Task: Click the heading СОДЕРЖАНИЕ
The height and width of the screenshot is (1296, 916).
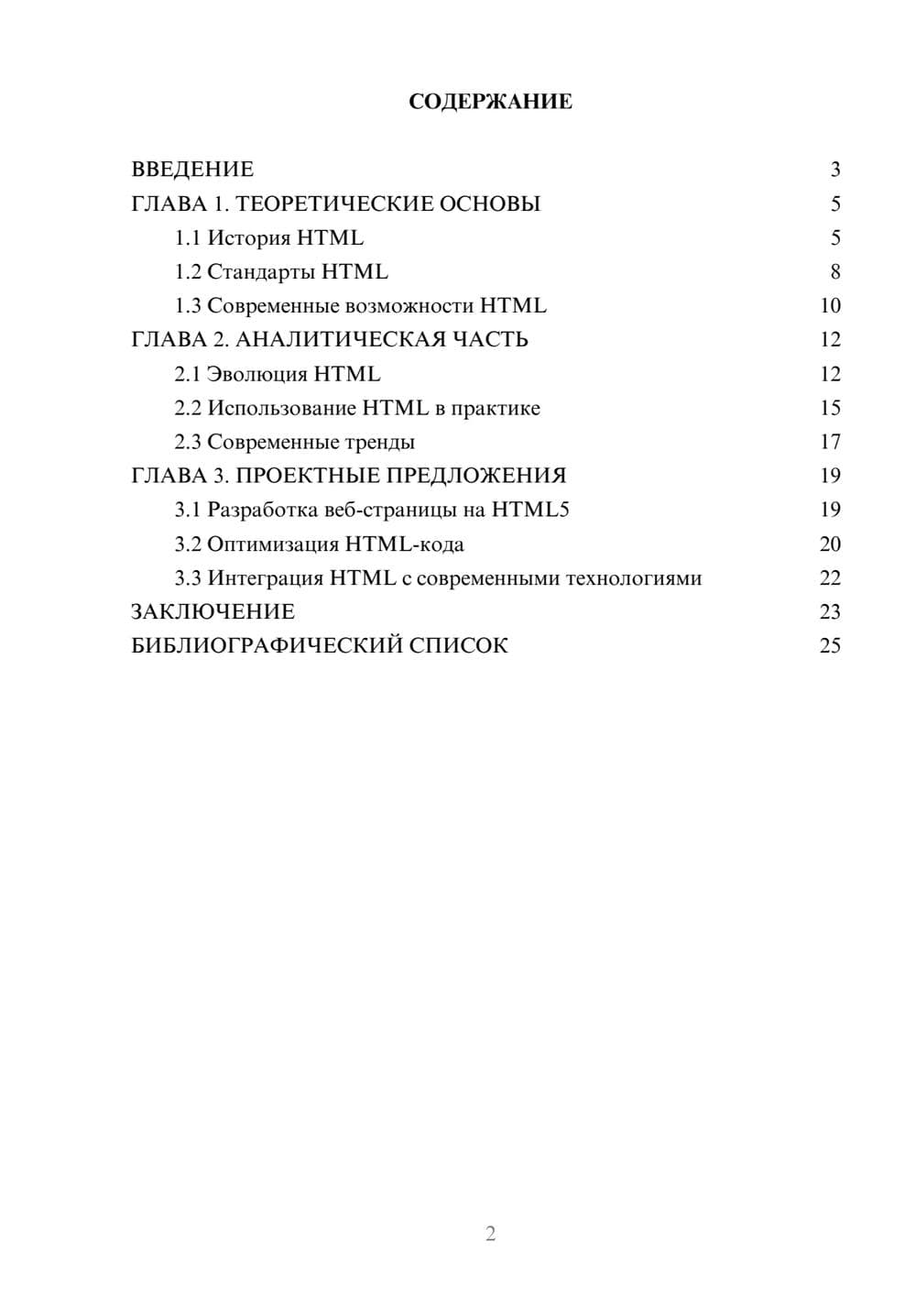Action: (490, 102)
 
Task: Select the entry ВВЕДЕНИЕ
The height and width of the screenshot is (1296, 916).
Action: (192, 170)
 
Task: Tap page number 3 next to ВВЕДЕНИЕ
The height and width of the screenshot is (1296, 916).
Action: (834, 170)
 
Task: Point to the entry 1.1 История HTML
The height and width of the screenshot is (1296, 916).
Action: (268, 238)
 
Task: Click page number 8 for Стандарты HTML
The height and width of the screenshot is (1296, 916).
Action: (834, 272)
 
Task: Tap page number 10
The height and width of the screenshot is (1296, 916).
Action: (830, 306)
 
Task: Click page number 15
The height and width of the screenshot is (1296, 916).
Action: (830, 408)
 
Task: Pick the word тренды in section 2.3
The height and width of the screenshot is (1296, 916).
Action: (378, 443)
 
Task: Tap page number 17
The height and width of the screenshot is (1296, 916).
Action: (830, 442)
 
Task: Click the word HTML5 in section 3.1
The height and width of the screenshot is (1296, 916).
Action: (530, 510)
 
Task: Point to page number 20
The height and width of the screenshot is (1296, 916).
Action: (830, 544)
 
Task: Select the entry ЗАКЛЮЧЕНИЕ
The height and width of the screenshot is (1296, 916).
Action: (213, 612)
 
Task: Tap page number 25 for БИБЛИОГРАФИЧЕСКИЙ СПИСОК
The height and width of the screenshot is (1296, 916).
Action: (830, 646)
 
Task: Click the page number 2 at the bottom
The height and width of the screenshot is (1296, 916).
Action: (490, 1234)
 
